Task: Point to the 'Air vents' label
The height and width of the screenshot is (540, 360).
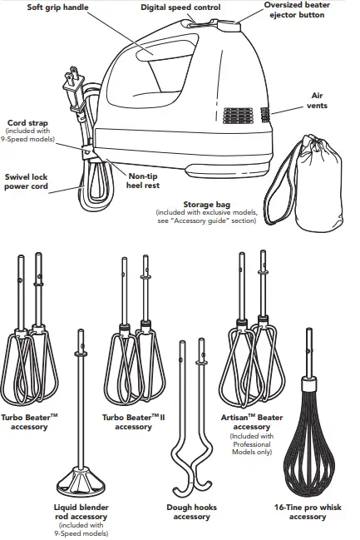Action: pyautogui.click(x=318, y=101)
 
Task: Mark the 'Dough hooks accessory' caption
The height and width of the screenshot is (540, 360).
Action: pyautogui.click(x=191, y=512)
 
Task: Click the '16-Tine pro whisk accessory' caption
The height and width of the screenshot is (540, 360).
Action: pyautogui.click(x=308, y=512)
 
